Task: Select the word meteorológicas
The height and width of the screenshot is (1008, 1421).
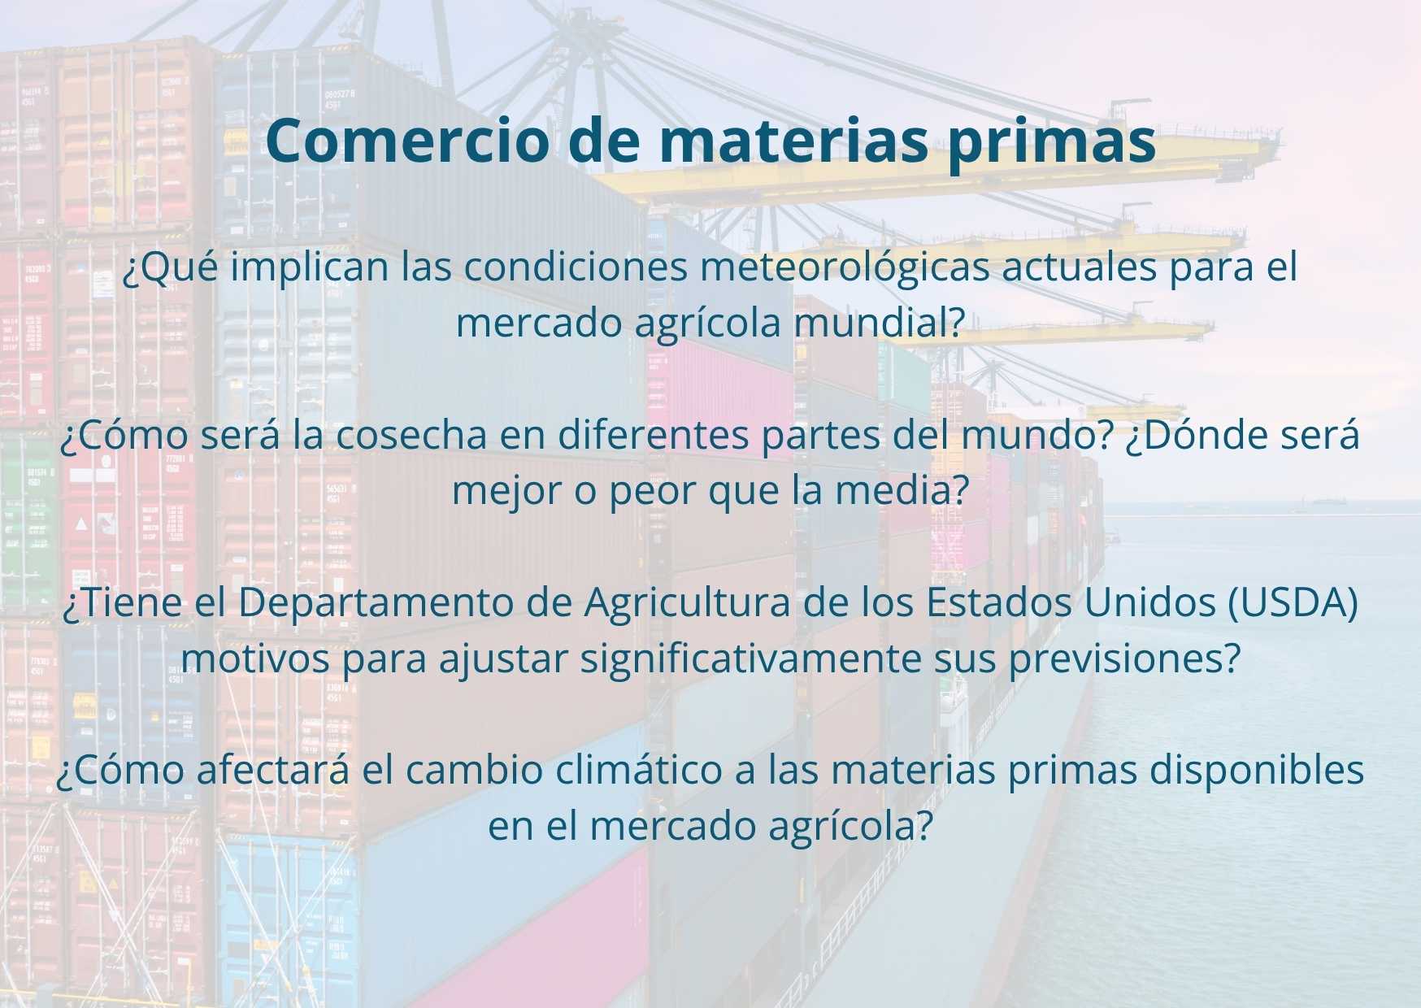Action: coord(845,269)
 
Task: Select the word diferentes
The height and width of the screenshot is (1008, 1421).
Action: coord(654,436)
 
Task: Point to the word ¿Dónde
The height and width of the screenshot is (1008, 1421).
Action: coord(1190,436)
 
